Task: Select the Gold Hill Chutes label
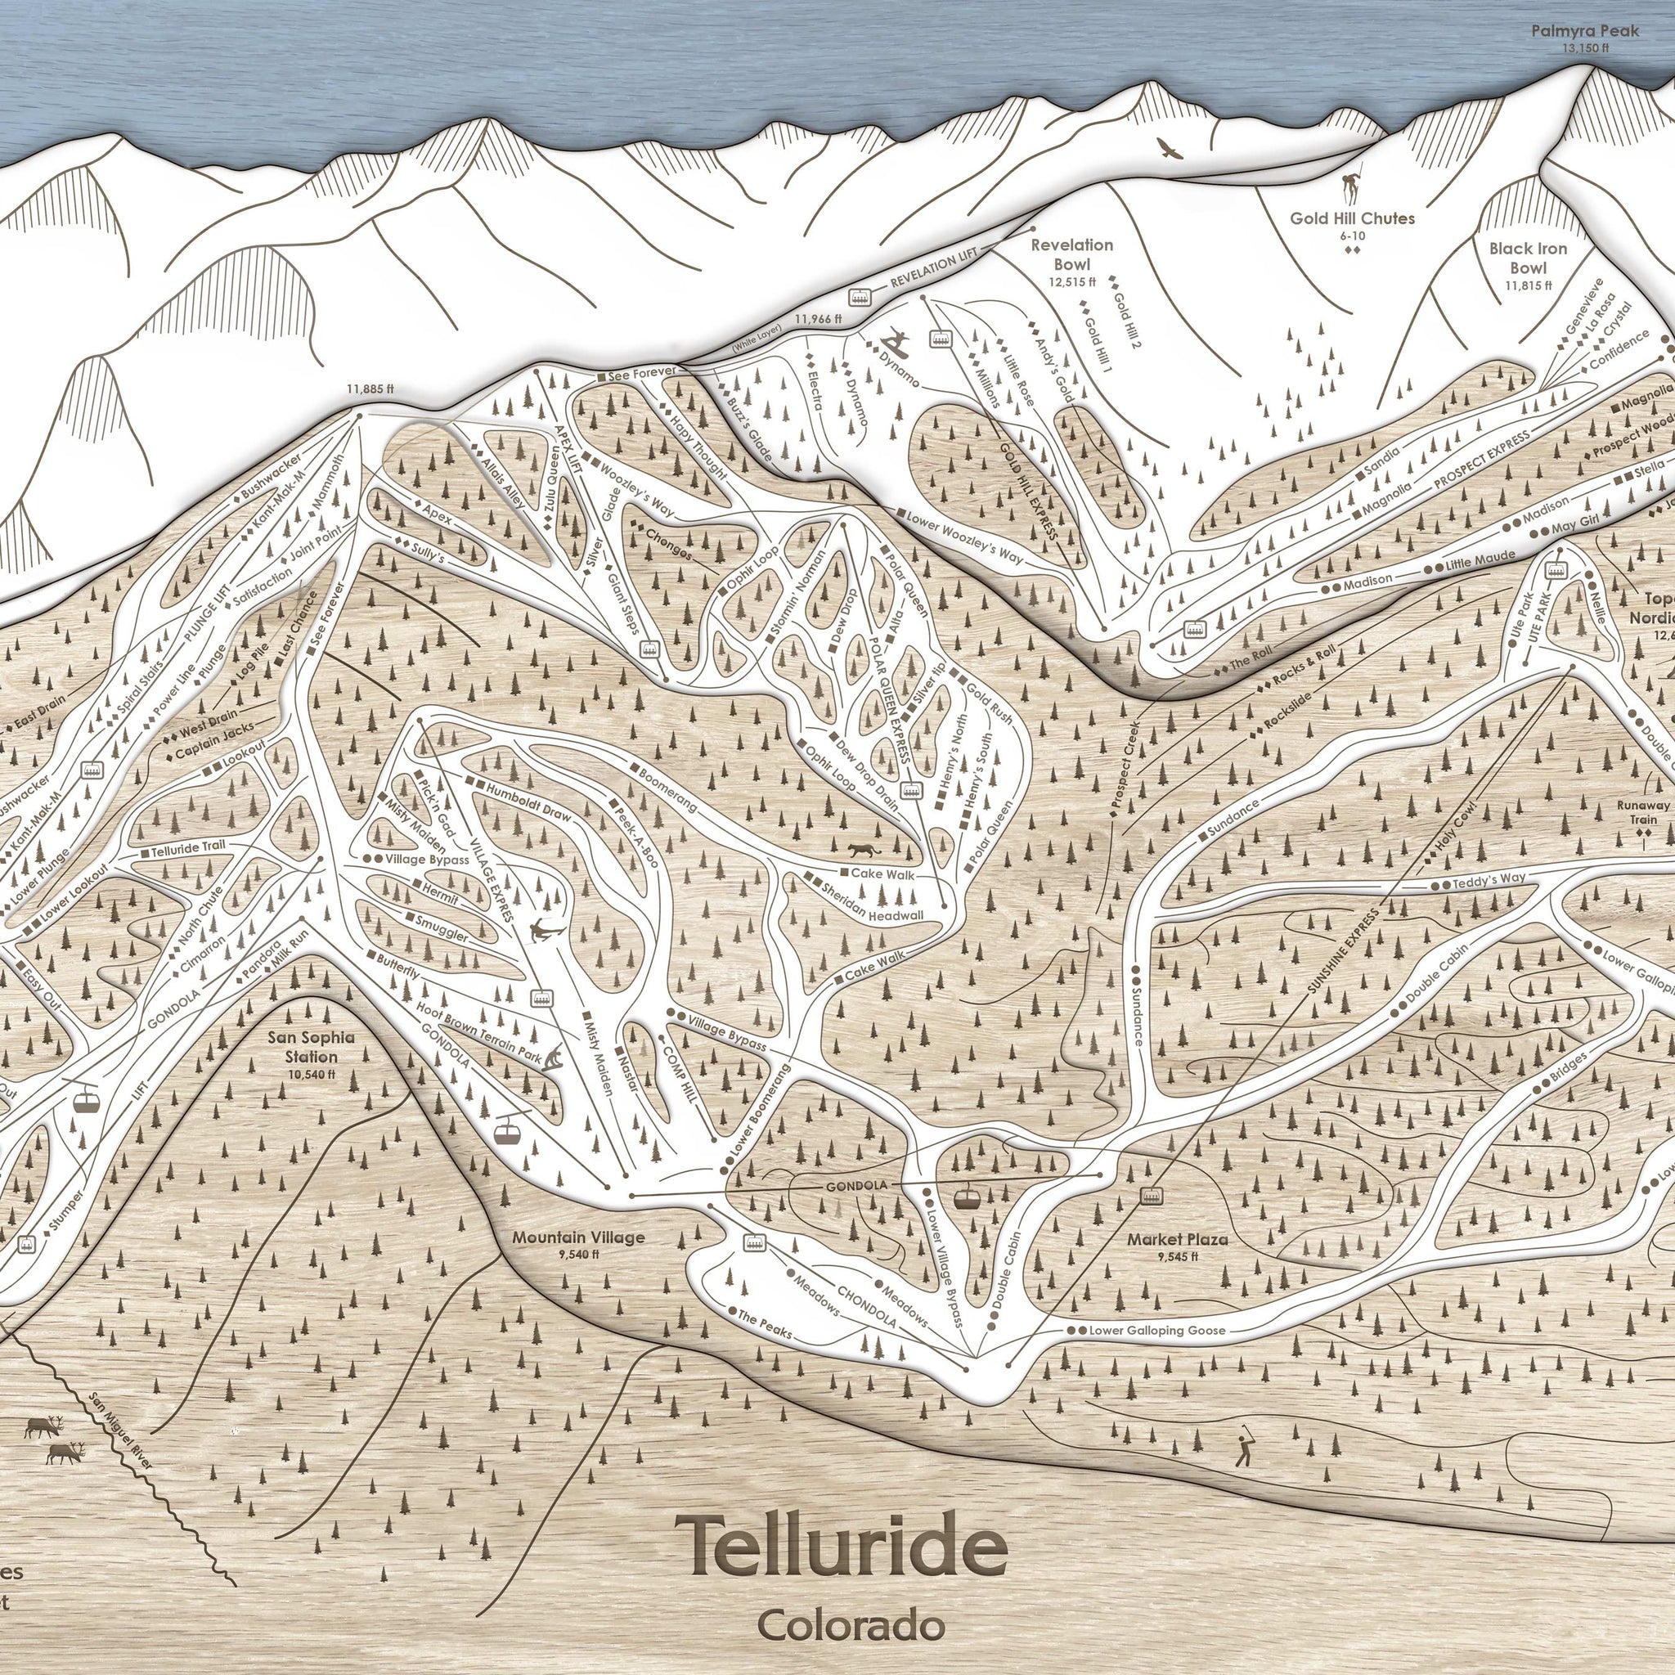pos(1352,218)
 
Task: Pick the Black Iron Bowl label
pos(1528,258)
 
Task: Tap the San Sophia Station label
pos(314,1049)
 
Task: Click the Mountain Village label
pos(578,1237)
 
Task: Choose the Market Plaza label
pos(1178,1240)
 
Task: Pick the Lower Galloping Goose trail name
pos(1156,1330)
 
